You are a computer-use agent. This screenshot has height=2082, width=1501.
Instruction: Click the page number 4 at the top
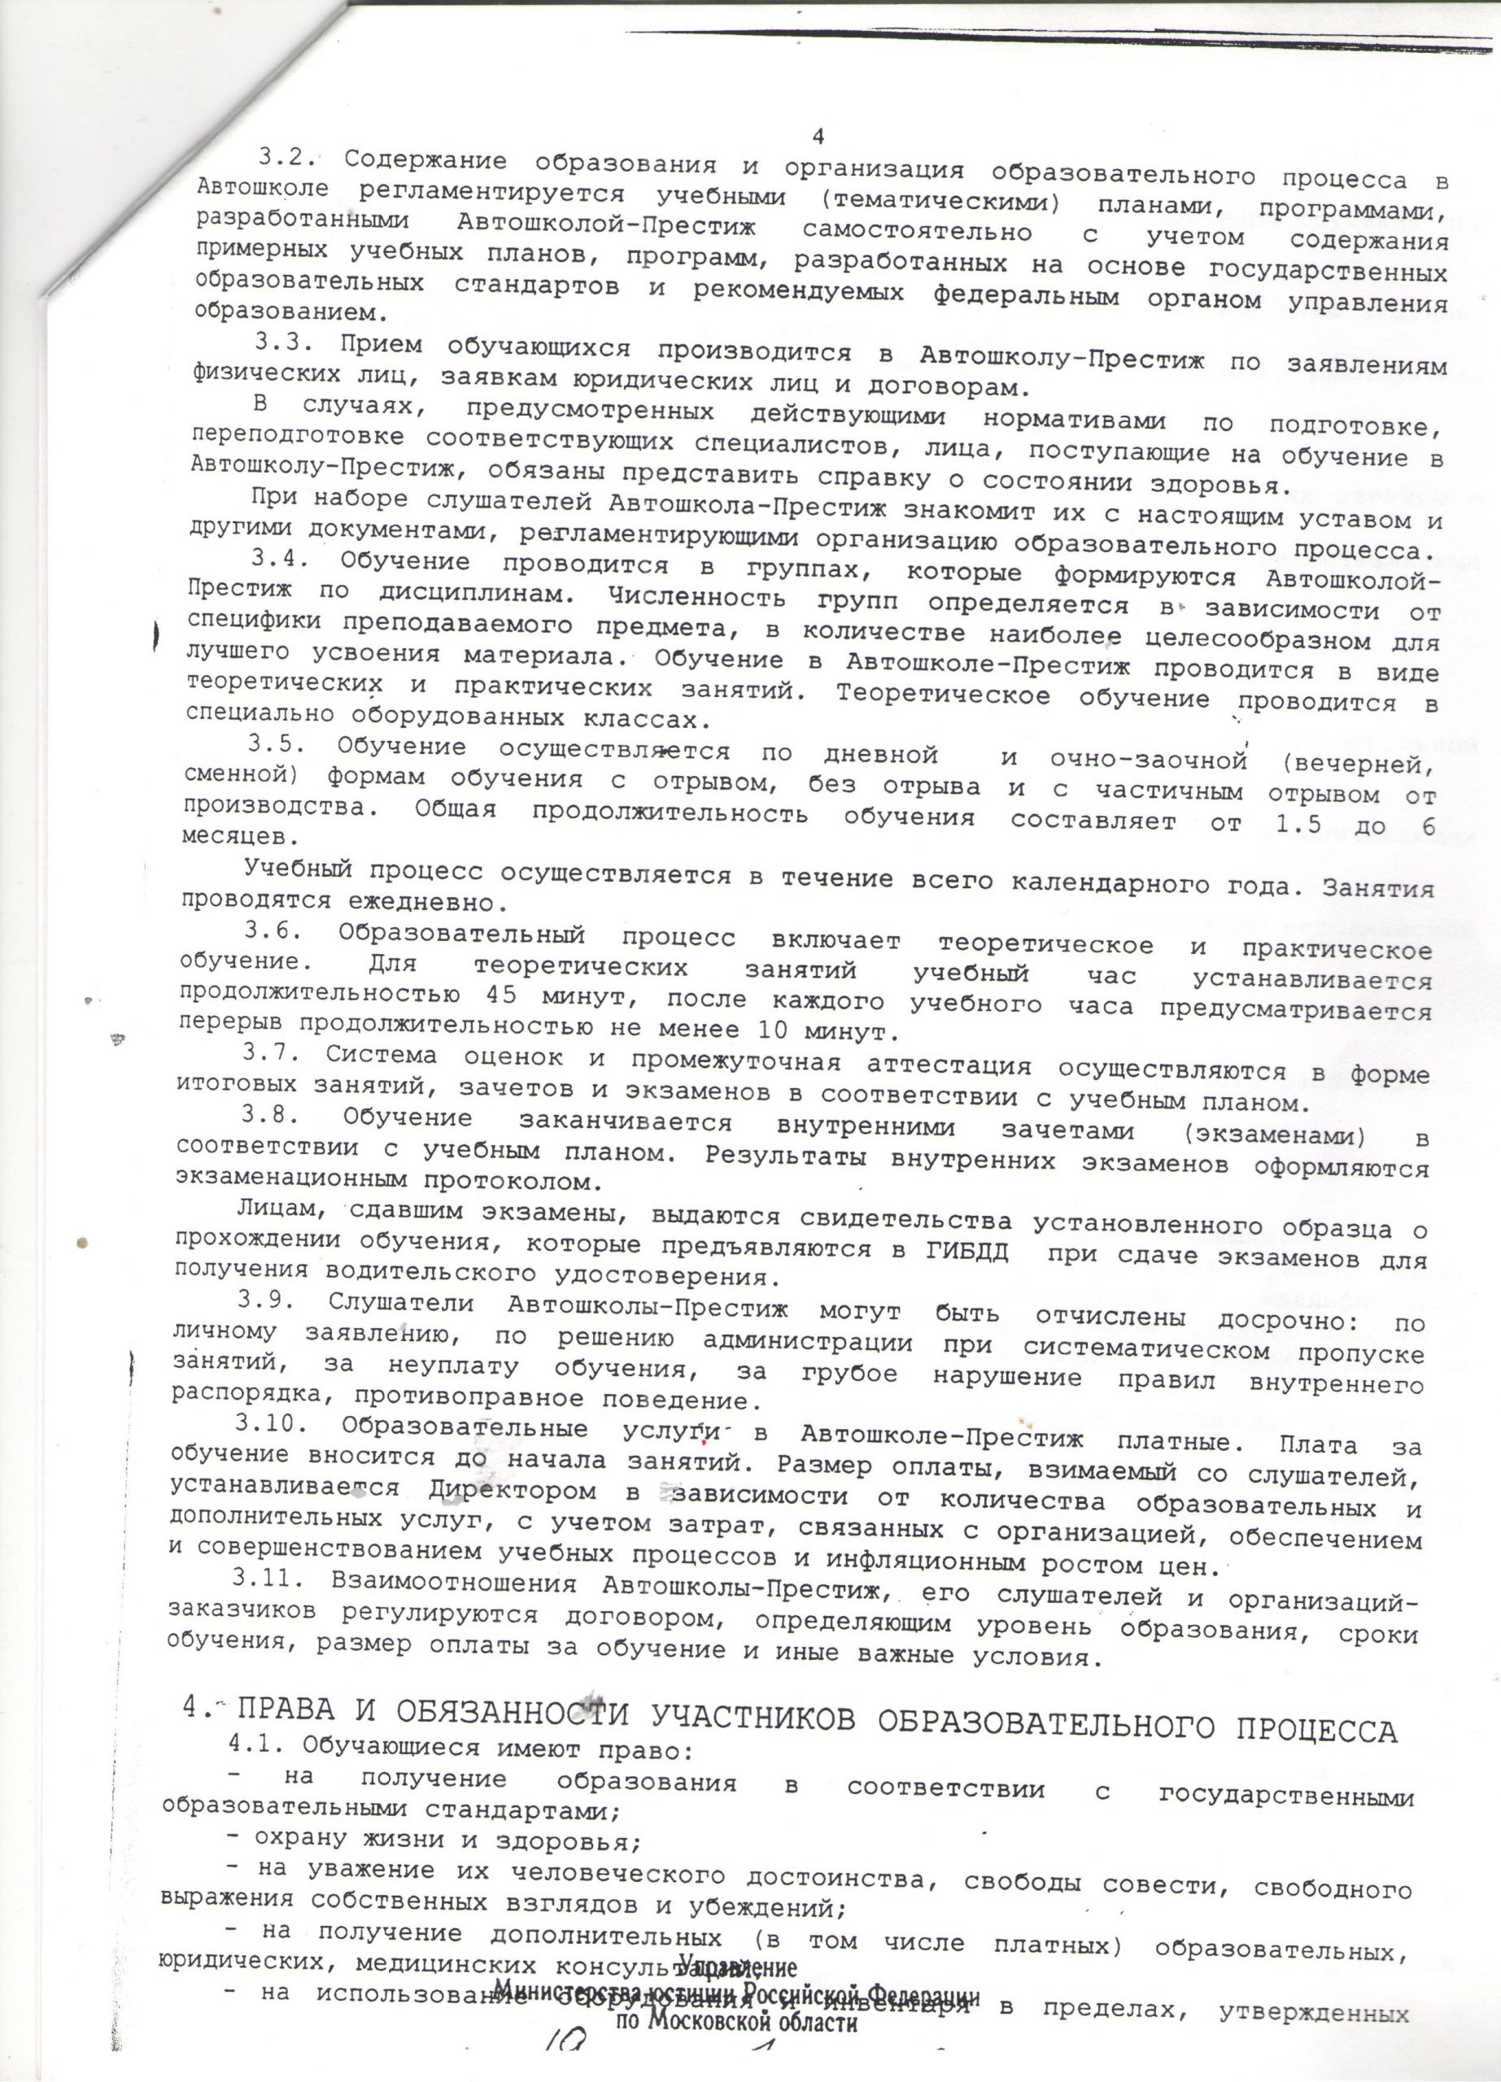pyautogui.click(x=818, y=136)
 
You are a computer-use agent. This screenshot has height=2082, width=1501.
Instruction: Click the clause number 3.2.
pyautogui.click(x=287, y=157)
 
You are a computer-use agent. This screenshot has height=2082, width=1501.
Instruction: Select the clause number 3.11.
pyautogui.click(x=267, y=1581)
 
